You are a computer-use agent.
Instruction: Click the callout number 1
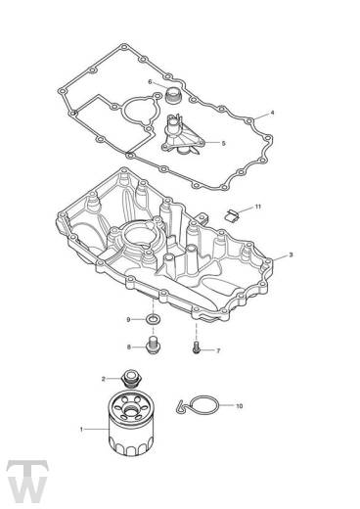point(81,430)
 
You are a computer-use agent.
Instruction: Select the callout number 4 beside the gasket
point(272,113)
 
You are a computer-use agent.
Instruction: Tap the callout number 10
point(239,406)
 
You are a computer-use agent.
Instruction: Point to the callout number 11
point(258,207)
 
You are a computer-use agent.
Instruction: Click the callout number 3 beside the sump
point(291,254)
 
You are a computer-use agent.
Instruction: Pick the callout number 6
point(150,81)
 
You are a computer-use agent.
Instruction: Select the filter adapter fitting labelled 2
point(131,379)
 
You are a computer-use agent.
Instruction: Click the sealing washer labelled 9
point(152,319)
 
